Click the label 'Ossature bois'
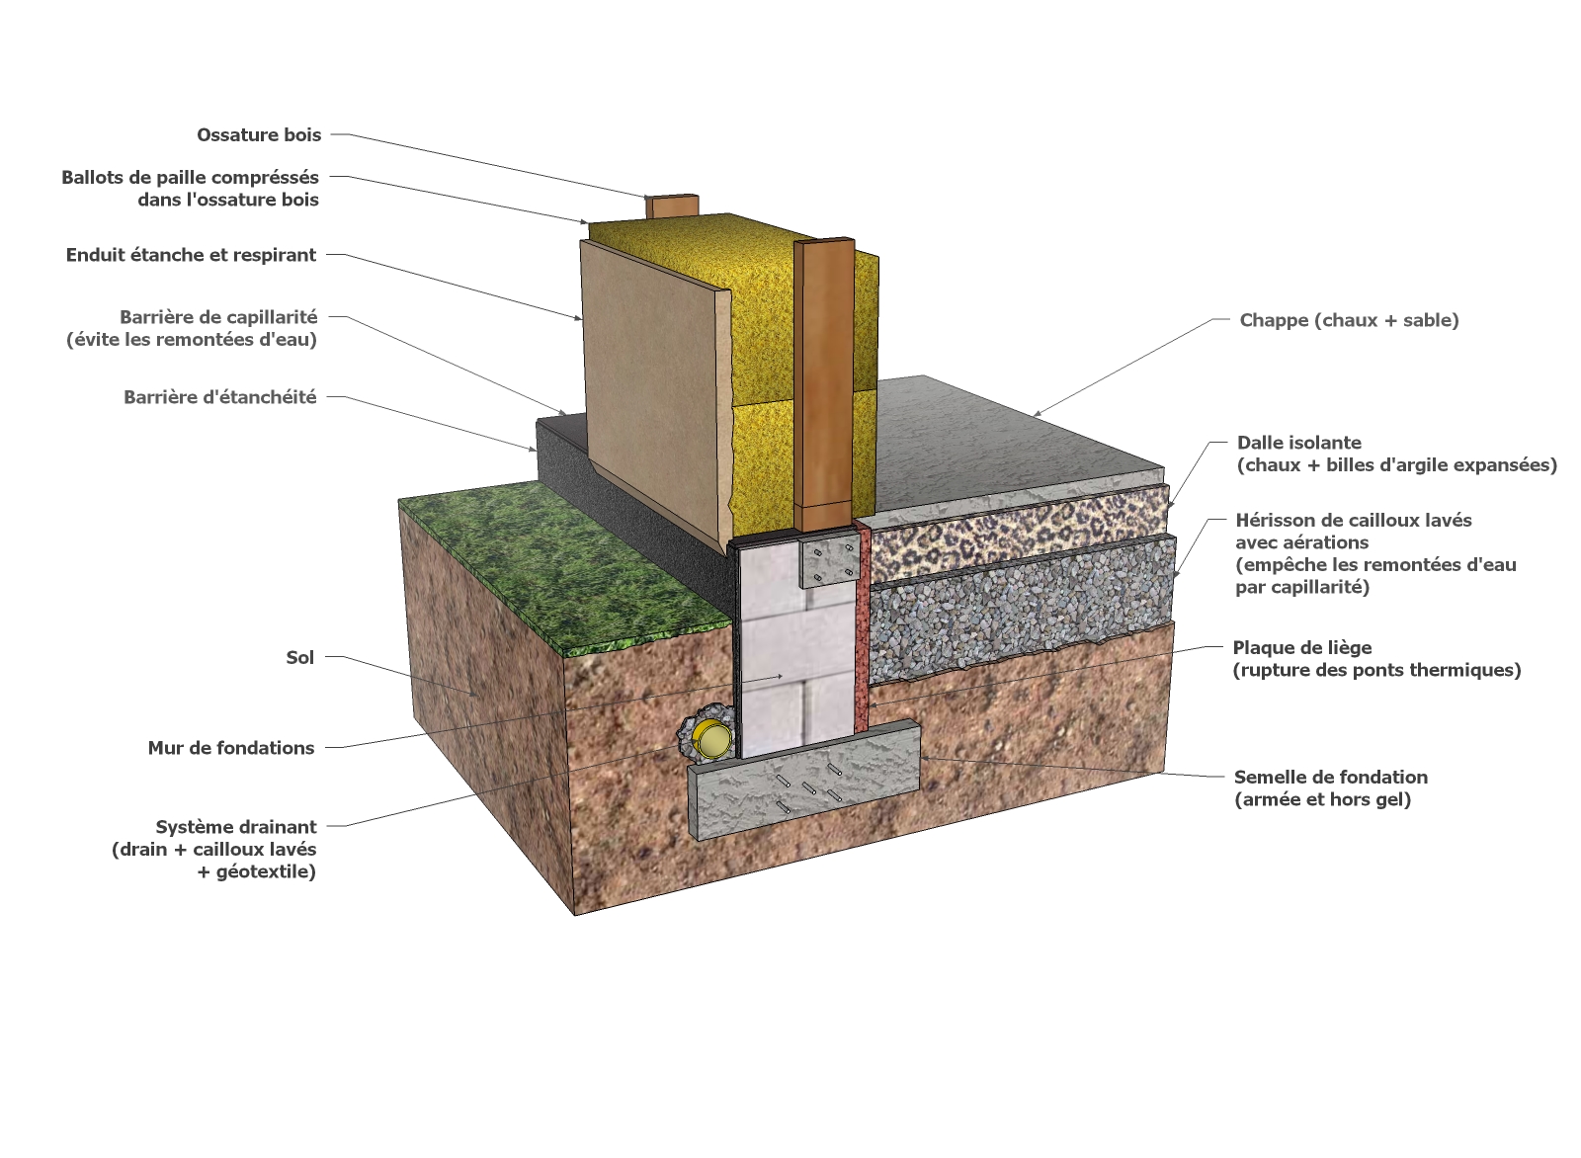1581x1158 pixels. tap(259, 135)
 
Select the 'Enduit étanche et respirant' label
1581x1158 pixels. tap(191, 255)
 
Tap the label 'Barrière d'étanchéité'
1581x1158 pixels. tap(219, 397)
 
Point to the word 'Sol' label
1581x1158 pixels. tap(299, 658)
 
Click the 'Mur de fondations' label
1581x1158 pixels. tap(230, 748)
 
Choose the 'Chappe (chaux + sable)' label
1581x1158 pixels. tap(1349, 320)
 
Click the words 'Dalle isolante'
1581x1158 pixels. tap(1298, 443)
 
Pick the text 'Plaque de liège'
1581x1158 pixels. tap(1301, 648)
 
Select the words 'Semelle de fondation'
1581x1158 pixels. tap(1330, 778)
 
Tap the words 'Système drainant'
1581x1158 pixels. tap(235, 827)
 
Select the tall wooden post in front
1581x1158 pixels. tap(823, 385)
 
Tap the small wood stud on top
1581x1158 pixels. tap(672, 207)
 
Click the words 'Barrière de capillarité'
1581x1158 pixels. tap(218, 317)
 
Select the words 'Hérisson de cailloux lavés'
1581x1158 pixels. tap(1353, 521)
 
